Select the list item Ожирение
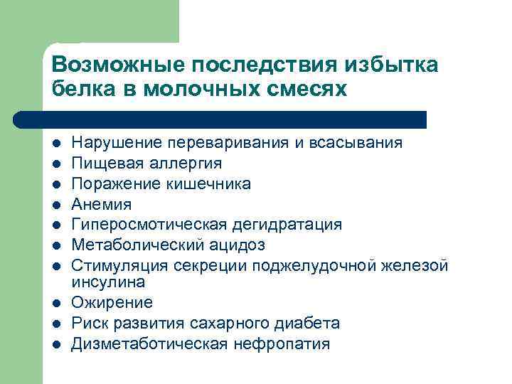click(112, 303)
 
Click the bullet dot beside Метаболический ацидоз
click(56, 246)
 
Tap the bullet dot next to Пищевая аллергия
click(56, 164)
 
